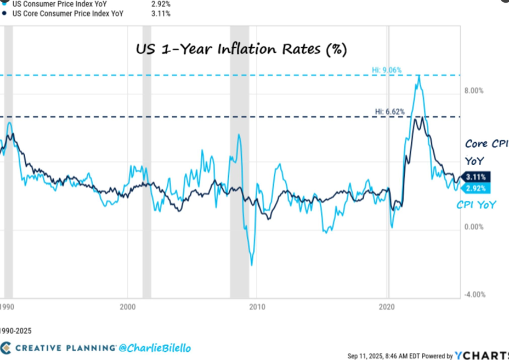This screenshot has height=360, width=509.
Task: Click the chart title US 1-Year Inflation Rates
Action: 241,49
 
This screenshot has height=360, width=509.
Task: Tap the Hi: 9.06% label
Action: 387,70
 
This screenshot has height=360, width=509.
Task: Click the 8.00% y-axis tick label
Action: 474,91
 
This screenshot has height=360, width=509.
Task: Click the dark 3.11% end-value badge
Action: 475,177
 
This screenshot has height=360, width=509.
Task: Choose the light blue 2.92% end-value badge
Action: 475,188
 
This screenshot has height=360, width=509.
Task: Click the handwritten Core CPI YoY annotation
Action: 486,152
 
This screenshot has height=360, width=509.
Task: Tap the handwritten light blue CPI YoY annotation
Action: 477,205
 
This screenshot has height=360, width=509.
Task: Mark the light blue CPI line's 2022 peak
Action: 419,76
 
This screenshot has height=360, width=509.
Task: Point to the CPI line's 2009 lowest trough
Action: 252,265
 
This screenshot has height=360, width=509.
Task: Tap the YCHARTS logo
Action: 482,356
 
